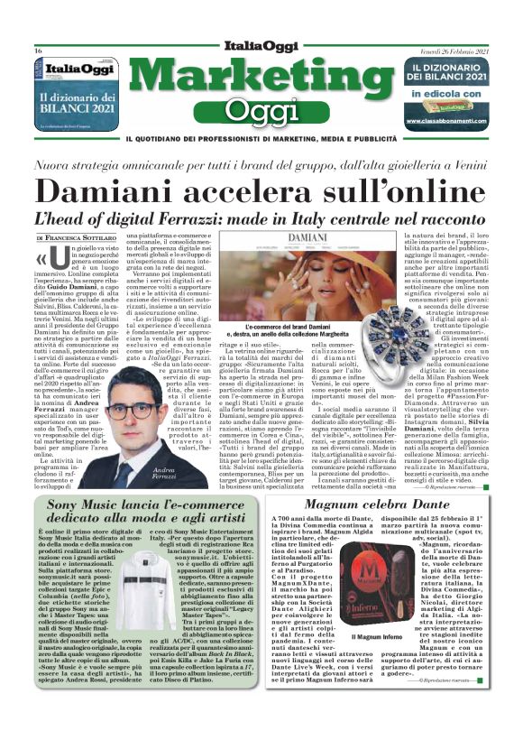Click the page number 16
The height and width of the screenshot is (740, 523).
tap(39, 50)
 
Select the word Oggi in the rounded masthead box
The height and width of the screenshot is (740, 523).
tap(261, 109)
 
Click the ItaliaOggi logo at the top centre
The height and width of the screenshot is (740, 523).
tap(261, 46)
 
